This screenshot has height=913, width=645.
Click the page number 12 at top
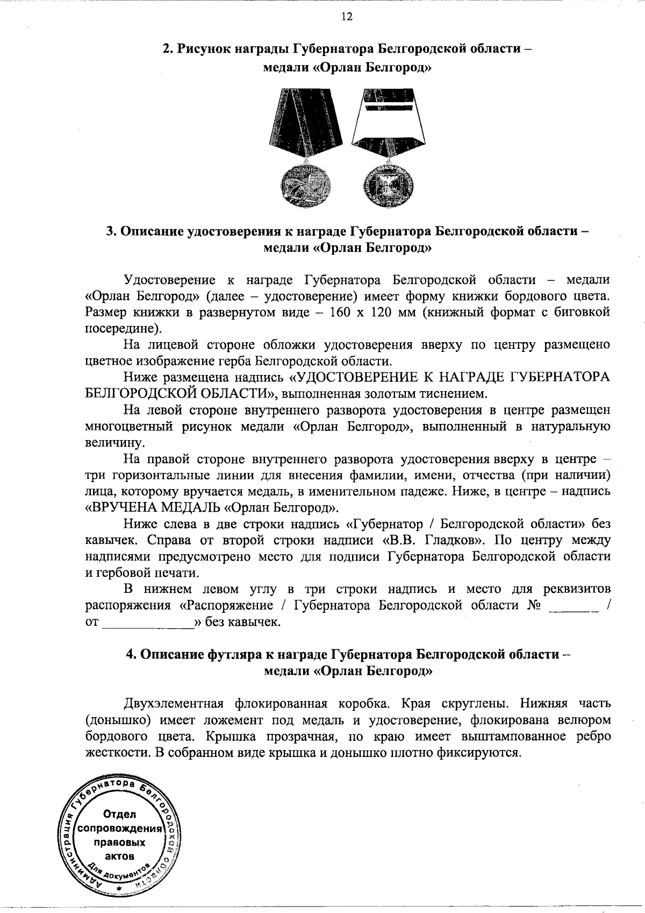346,16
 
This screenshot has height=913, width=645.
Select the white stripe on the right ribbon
388,107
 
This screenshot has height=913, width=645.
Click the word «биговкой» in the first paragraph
583,312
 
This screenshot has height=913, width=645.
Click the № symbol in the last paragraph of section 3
533,605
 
